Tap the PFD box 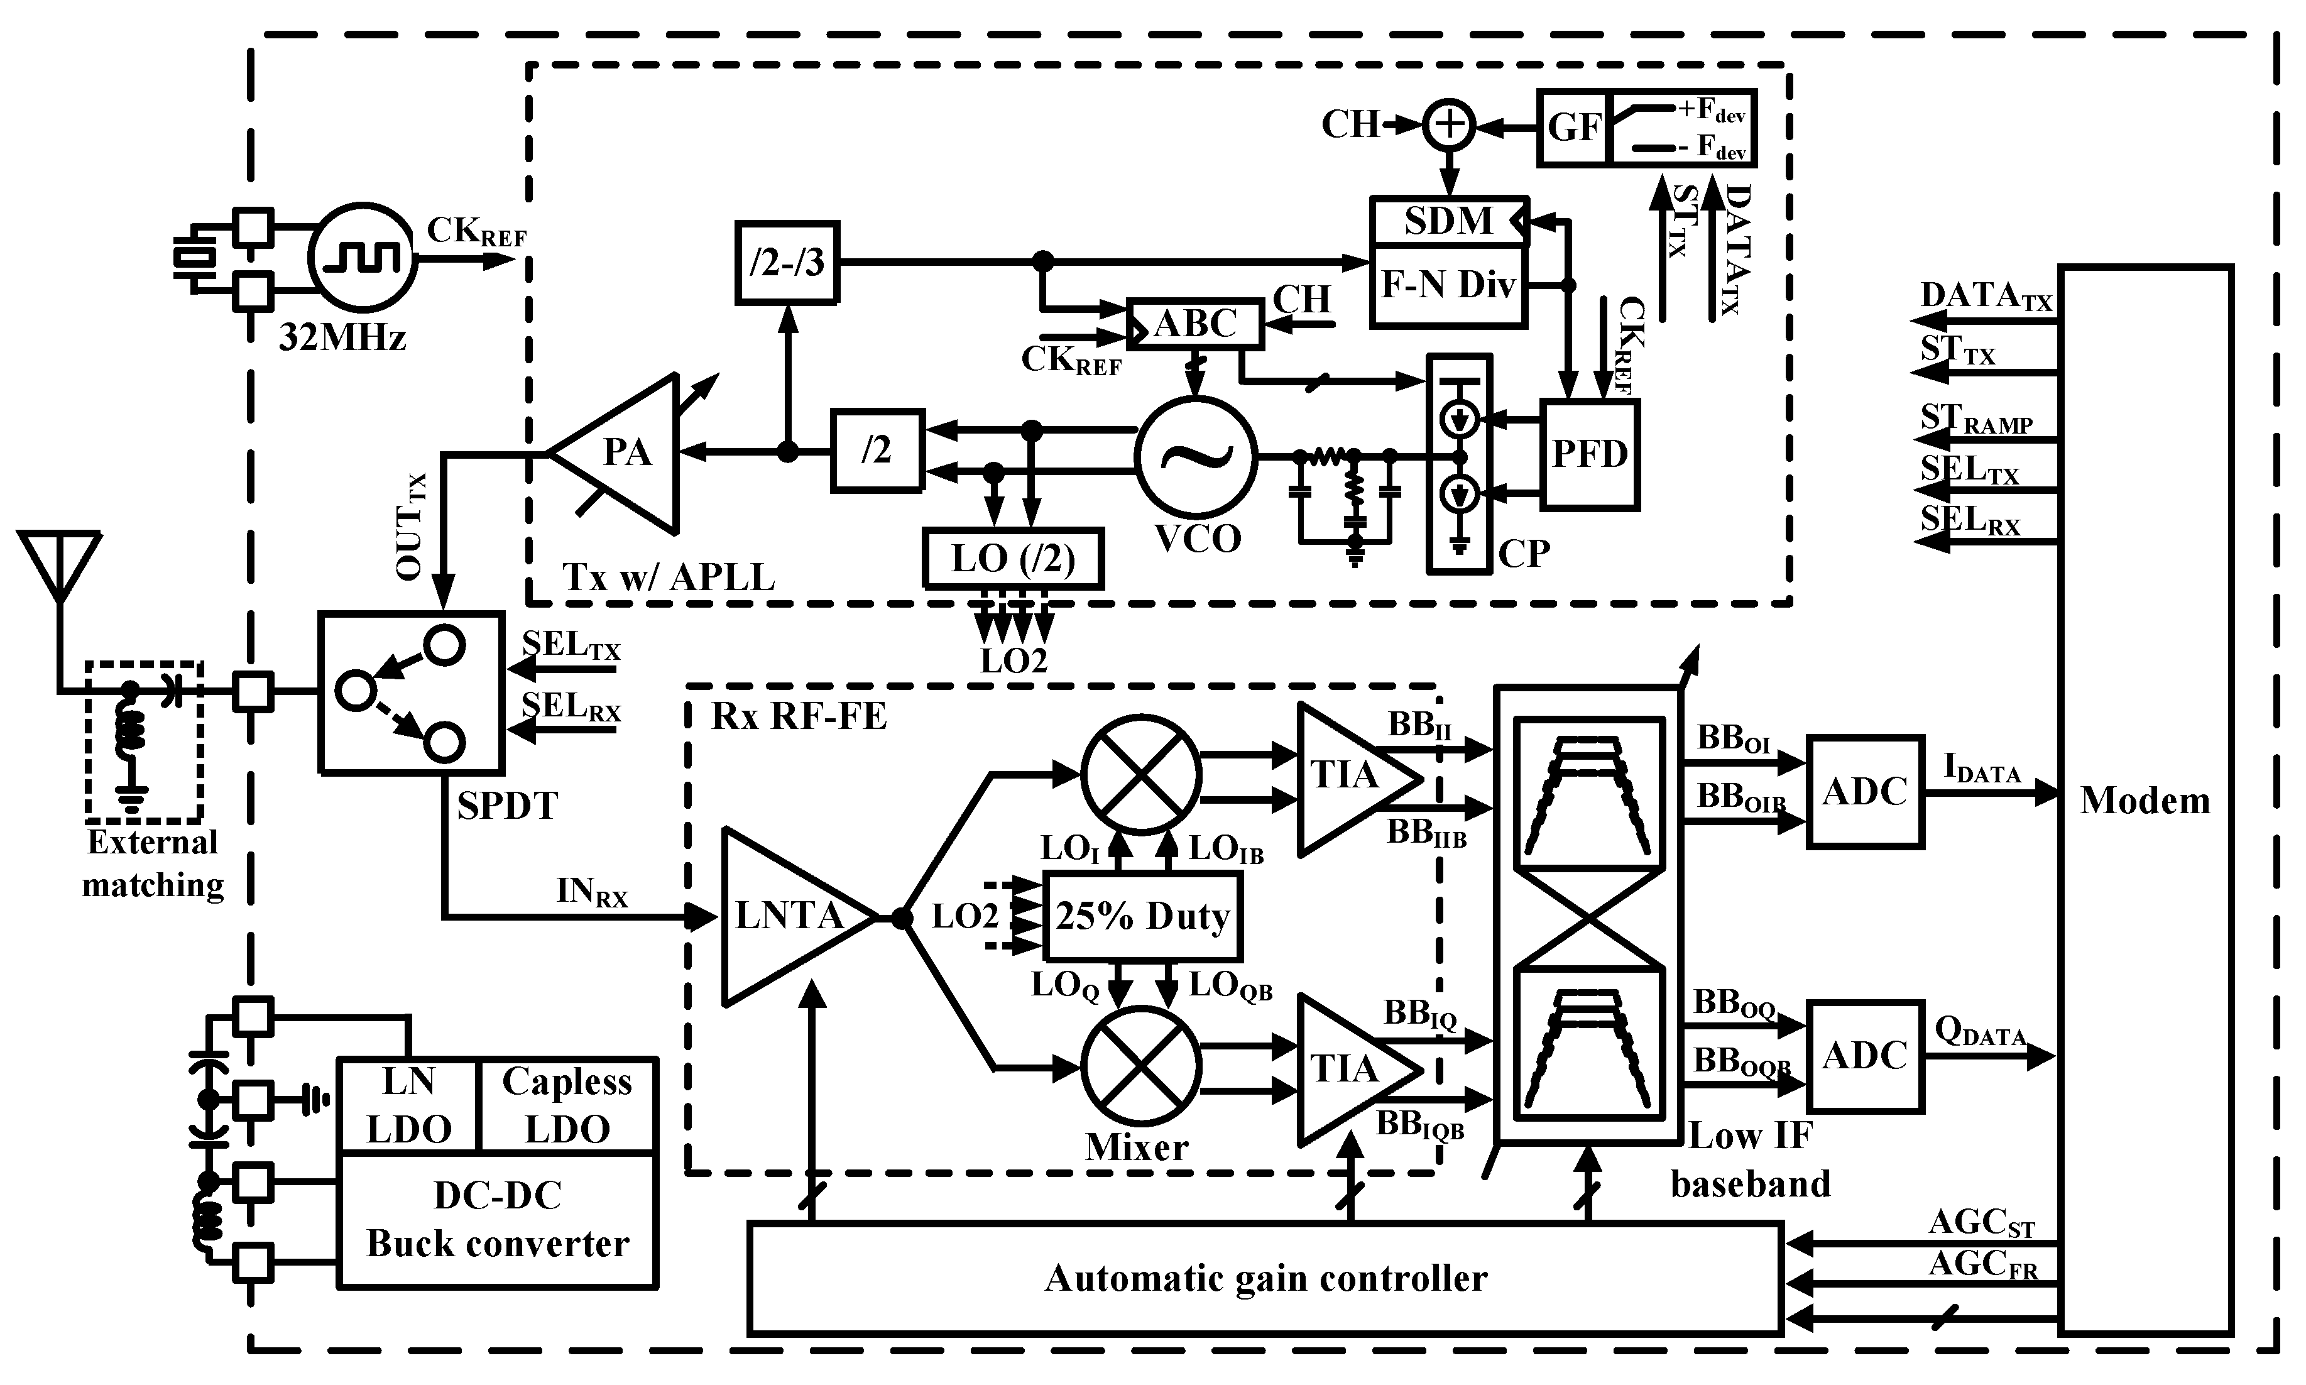(1589, 454)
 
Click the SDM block (1448, 221)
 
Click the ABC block (1194, 324)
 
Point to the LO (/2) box (1012, 558)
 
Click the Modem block (2145, 800)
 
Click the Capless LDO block (567, 1105)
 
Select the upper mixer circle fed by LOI (1140, 775)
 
